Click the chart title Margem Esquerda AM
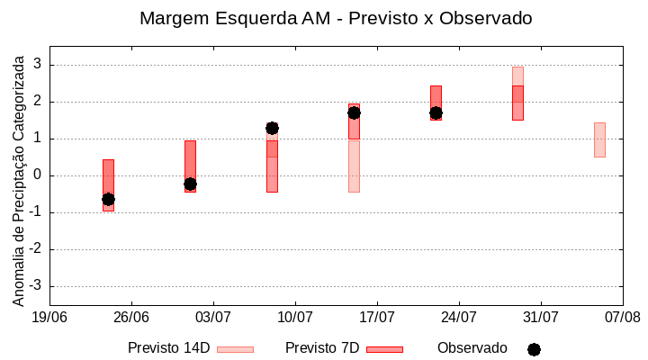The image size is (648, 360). (336, 18)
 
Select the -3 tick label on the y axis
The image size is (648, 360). (36, 286)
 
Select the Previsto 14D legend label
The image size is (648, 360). (168, 348)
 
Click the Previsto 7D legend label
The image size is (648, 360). (322, 348)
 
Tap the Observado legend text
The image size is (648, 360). (472, 348)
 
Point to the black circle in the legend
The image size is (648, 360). (534, 349)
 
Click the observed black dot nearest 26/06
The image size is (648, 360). (108, 199)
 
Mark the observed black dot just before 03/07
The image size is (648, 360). (190, 184)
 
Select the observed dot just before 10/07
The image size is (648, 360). (272, 129)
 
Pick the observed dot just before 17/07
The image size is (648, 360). (354, 112)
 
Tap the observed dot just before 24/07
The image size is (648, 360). (436, 112)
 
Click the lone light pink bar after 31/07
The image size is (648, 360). (599, 139)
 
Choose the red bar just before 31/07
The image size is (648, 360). (517, 103)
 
